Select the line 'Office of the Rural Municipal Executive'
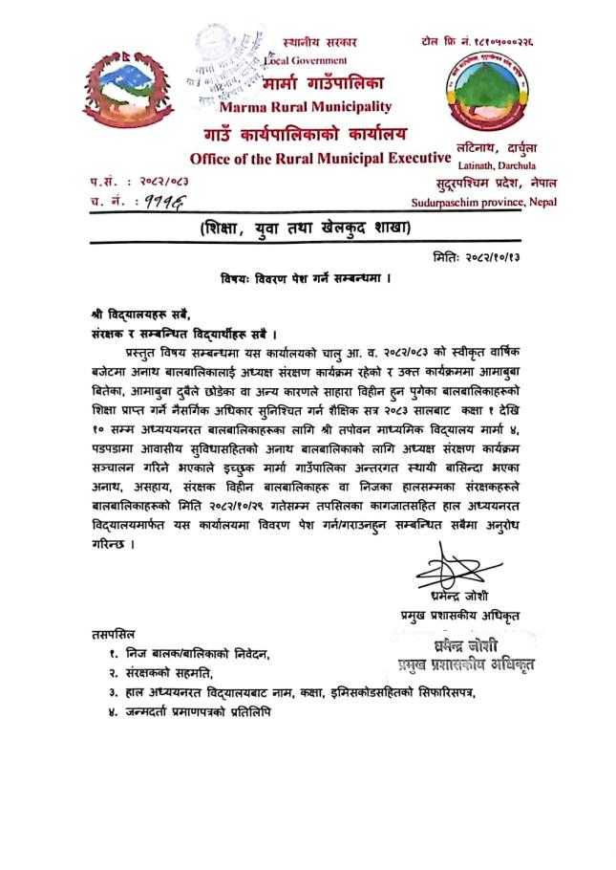(320, 157)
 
